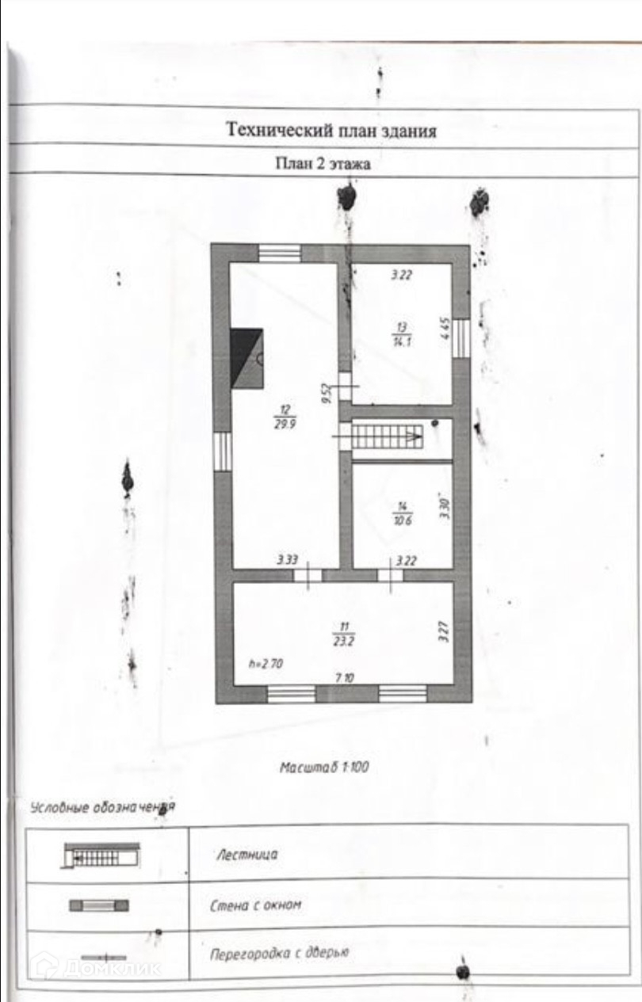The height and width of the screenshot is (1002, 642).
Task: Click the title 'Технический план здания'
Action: [331, 130]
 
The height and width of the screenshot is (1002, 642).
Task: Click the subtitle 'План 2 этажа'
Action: [323, 165]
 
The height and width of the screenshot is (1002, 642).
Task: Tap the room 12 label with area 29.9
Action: [285, 415]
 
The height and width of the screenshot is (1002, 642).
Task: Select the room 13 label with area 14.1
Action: [403, 333]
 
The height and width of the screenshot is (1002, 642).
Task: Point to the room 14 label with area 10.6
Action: [402, 512]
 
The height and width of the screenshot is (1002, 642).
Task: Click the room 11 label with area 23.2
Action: [342, 634]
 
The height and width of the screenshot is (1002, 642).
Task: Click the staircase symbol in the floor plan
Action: [389, 435]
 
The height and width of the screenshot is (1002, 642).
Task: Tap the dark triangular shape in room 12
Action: [246, 357]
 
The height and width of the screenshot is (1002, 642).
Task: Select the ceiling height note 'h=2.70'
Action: [266, 665]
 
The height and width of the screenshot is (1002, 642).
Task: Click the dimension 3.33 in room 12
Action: [287, 560]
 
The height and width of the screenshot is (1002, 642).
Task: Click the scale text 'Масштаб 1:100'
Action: [325, 767]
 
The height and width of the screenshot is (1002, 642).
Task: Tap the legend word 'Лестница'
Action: [246, 855]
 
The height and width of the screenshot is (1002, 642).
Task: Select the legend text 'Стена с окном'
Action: [256, 905]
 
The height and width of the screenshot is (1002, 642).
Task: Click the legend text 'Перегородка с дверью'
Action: [279, 953]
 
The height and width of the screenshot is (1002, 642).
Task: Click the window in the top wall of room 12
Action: [280, 253]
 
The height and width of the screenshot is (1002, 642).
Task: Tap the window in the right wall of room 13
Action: [461, 337]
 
